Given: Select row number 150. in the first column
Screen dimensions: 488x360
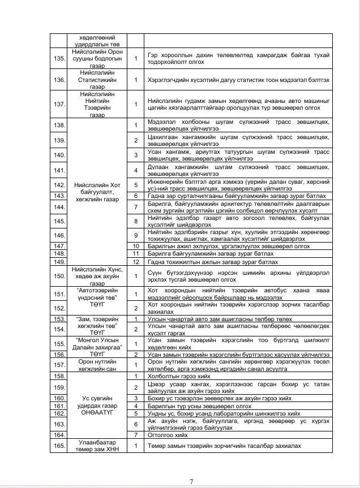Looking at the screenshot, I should click(58, 275).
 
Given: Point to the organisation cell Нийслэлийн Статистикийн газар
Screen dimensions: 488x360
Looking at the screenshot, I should click(96, 80).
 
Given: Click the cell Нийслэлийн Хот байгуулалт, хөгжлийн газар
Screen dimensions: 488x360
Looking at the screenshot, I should click(96, 192).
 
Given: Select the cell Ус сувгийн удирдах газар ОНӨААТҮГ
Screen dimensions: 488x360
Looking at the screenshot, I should click(96, 402).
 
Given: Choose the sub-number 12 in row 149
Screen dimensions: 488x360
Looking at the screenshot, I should click(136, 262).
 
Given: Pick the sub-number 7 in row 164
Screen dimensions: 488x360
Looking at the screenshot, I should click(136, 434).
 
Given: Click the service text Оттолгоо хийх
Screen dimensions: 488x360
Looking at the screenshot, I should click(165, 434).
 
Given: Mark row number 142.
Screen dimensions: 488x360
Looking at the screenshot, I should click(58, 184).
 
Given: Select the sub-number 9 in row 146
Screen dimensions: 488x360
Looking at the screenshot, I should click(136, 235).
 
